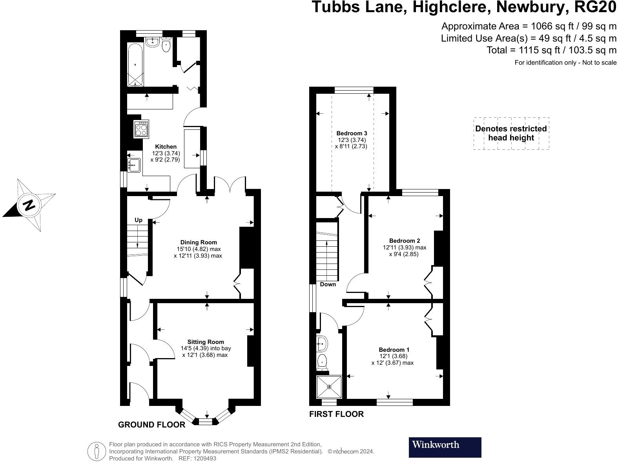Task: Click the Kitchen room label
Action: click(x=166, y=147)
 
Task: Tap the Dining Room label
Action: click(x=198, y=242)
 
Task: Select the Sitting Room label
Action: click(x=206, y=342)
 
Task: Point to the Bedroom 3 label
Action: click(x=352, y=133)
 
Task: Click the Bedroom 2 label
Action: click(x=405, y=240)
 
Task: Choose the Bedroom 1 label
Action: click(x=394, y=349)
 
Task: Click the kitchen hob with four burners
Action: click(x=141, y=129)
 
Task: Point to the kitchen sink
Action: click(x=134, y=165)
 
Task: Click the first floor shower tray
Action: click(x=329, y=387)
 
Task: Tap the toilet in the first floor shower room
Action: click(x=323, y=362)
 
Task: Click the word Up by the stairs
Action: click(x=139, y=220)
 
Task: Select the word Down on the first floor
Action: click(x=328, y=284)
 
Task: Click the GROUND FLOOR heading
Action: click(x=151, y=425)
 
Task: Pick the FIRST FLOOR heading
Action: click(x=336, y=414)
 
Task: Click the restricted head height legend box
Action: click(x=511, y=133)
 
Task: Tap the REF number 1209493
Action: click(x=203, y=458)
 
